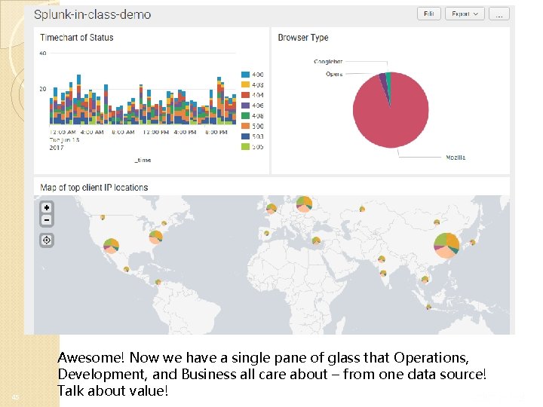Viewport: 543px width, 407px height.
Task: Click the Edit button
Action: coord(428,14)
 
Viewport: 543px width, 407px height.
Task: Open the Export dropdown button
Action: coord(464,14)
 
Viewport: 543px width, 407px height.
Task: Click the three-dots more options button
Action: coord(499,14)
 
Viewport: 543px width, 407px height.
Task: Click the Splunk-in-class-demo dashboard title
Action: coord(92,14)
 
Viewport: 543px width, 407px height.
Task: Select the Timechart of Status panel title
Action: coord(77,38)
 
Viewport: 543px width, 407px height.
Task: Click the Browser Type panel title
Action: coord(303,38)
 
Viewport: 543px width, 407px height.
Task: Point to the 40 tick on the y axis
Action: coord(42,54)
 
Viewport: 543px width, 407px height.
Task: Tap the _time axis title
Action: coord(143,160)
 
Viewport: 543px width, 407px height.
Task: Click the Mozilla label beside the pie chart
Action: coord(455,158)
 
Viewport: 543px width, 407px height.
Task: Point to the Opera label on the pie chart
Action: coord(334,74)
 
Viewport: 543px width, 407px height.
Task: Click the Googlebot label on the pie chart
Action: coord(328,62)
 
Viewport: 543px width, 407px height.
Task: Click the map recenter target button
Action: coord(47,240)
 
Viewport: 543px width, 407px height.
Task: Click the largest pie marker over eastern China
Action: coord(447,242)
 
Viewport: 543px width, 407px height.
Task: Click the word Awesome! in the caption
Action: coord(87,357)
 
